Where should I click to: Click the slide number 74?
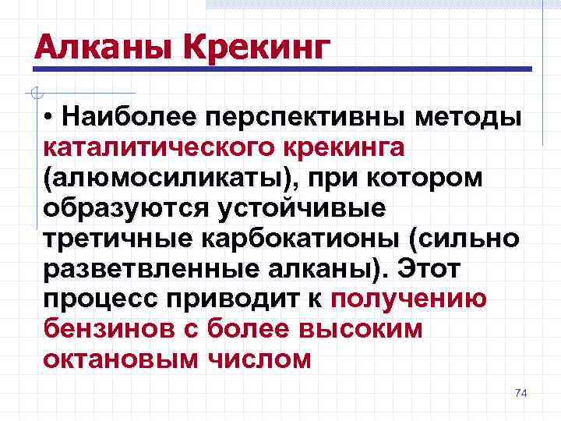[521, 393]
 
